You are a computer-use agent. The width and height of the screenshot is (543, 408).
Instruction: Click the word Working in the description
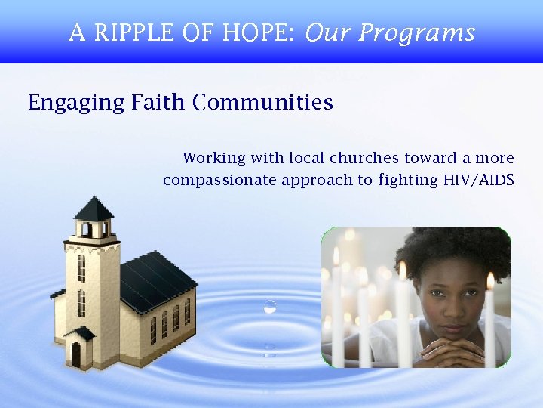point(214,159)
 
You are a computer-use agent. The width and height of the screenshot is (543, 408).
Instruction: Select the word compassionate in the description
point(219,180)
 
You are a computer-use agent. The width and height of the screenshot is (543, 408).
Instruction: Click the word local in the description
point(306,159)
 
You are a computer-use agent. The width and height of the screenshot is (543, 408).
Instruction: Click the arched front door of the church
point(76,354)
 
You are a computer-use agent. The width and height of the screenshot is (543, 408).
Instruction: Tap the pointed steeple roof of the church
point(94,207)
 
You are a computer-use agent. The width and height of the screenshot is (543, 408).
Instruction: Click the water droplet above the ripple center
point(270,307)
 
